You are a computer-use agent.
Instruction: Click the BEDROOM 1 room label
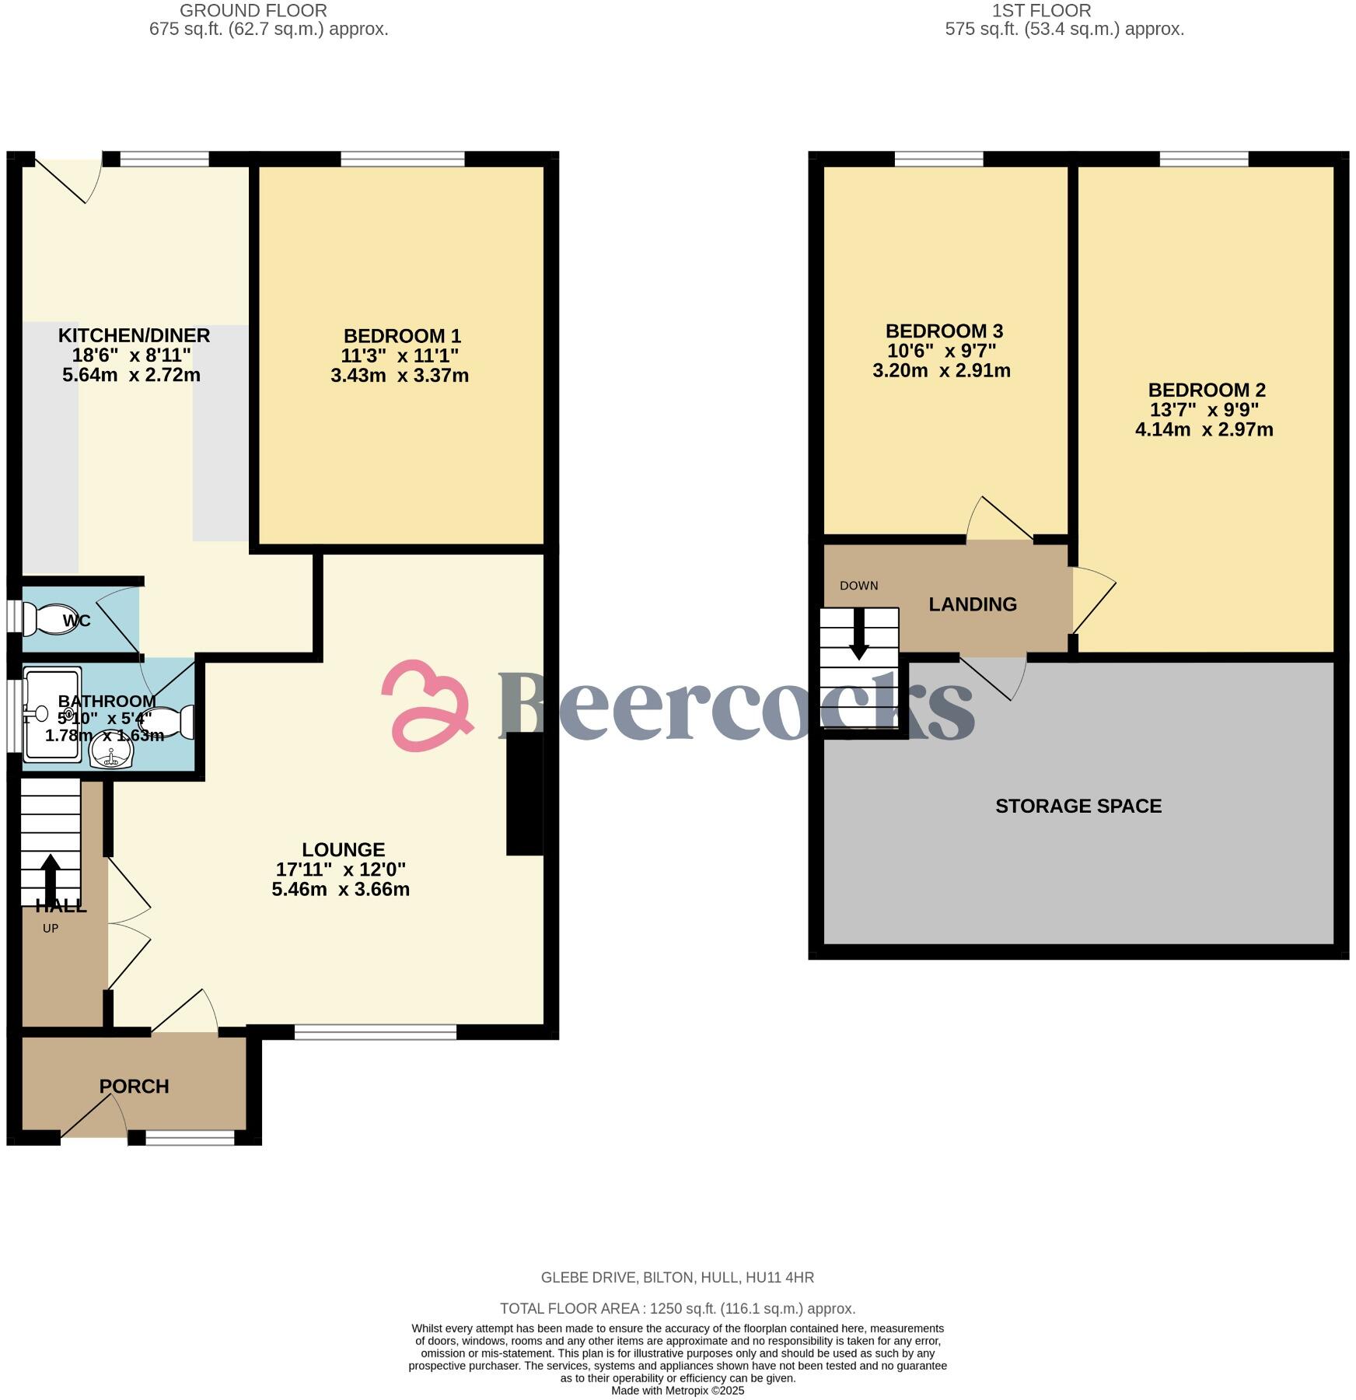[x=402, y=336]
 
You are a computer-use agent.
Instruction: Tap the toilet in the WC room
[x=51, y=620]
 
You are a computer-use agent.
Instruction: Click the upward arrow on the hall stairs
[x=51, y=879]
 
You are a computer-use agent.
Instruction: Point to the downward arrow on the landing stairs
[x=858, y=634]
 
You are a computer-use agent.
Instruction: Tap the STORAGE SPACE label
[x=1078, y=806]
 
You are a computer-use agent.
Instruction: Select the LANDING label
[x=972, y=604]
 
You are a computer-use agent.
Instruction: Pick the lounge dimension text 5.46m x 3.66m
[x=341, y=889]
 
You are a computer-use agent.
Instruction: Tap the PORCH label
[x=134, y=1087]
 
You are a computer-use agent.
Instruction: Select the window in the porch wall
[x=190, y=1138]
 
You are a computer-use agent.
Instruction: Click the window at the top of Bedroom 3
[x=938, y=159]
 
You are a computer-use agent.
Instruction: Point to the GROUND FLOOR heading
[x=253, y=11]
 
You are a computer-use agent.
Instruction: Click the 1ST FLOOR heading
[x=1041, y=11]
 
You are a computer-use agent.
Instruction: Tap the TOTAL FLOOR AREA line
[x=677, y=1308]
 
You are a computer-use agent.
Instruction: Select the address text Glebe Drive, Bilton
[x=677, y=1277]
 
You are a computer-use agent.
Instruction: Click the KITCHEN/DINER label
[x=134, y=336]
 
